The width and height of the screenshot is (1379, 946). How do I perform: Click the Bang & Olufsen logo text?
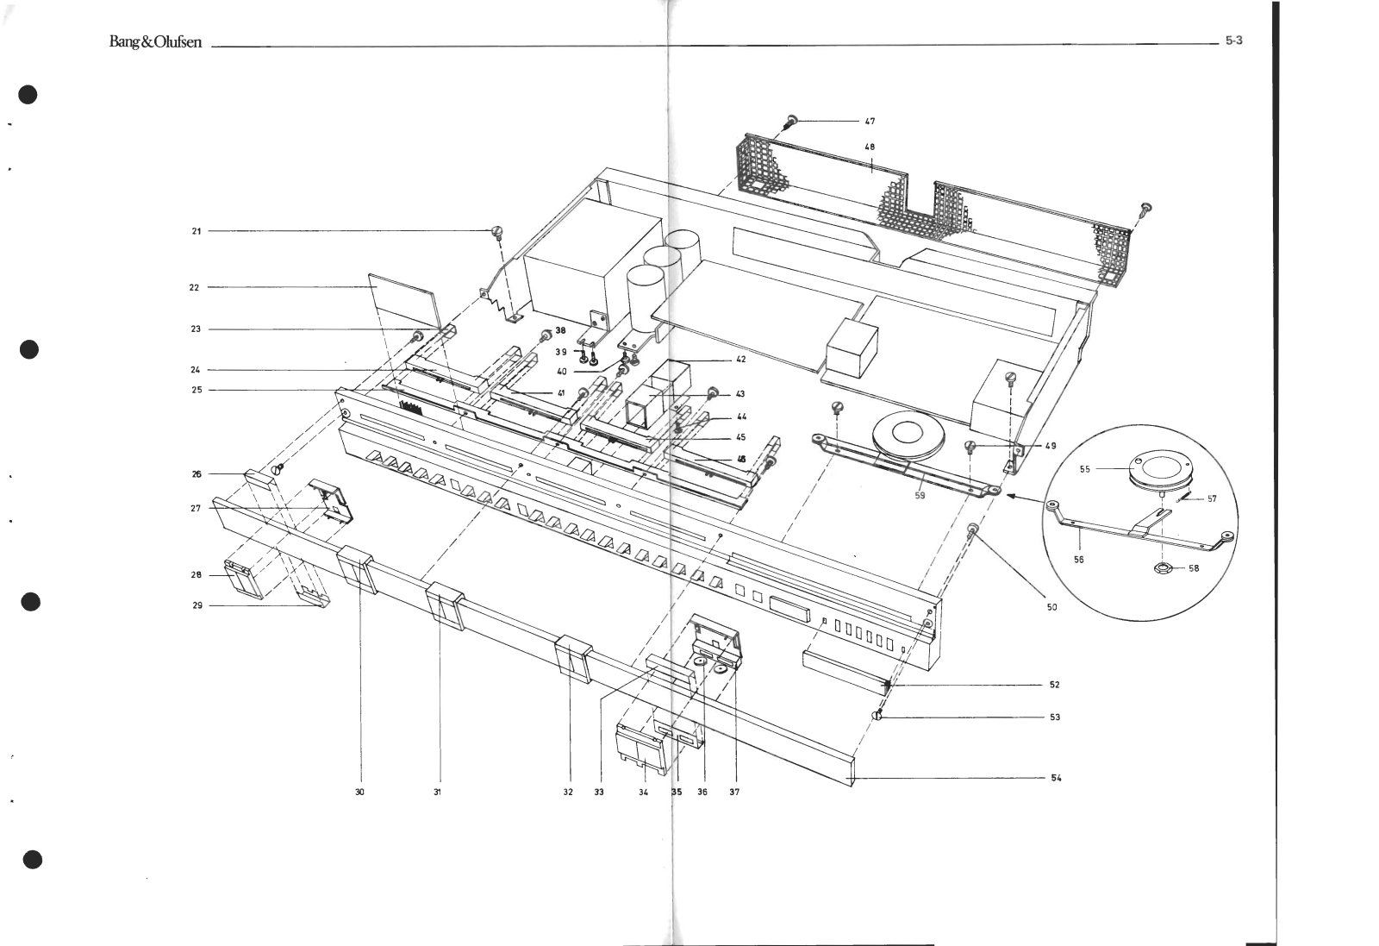[155, 42]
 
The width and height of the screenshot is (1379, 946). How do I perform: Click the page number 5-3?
[1233, 41]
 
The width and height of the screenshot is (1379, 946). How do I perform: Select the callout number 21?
[197, 231]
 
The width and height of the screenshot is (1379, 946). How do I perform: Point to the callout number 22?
[194, 287]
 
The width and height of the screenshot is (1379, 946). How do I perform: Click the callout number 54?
[1056, 778]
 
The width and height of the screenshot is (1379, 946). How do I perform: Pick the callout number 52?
[1054, 685]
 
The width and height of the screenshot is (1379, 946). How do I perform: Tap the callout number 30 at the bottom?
[359, 792]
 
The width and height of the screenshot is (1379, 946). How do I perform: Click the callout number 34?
[643, 792]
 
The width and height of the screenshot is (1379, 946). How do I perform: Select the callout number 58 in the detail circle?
[1194, 568]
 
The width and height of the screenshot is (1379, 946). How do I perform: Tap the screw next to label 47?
[791, 122]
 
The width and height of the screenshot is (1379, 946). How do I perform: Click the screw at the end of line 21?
[497, 231]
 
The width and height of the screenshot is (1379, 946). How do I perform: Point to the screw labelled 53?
[877, 717]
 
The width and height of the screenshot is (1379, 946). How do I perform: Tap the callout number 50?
[1051, 607]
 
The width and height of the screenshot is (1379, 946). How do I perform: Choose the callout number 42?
[740, 360]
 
